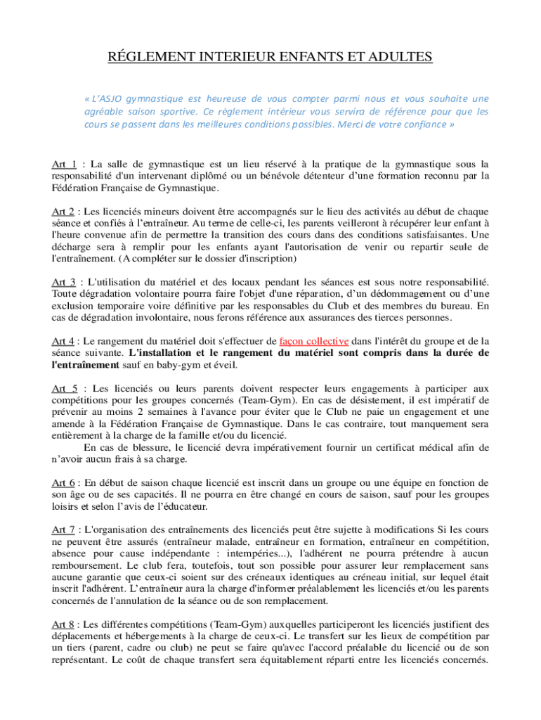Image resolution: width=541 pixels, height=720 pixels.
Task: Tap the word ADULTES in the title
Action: coord(399,56)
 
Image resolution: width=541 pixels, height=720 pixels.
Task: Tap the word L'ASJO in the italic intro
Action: coord(112,98)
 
